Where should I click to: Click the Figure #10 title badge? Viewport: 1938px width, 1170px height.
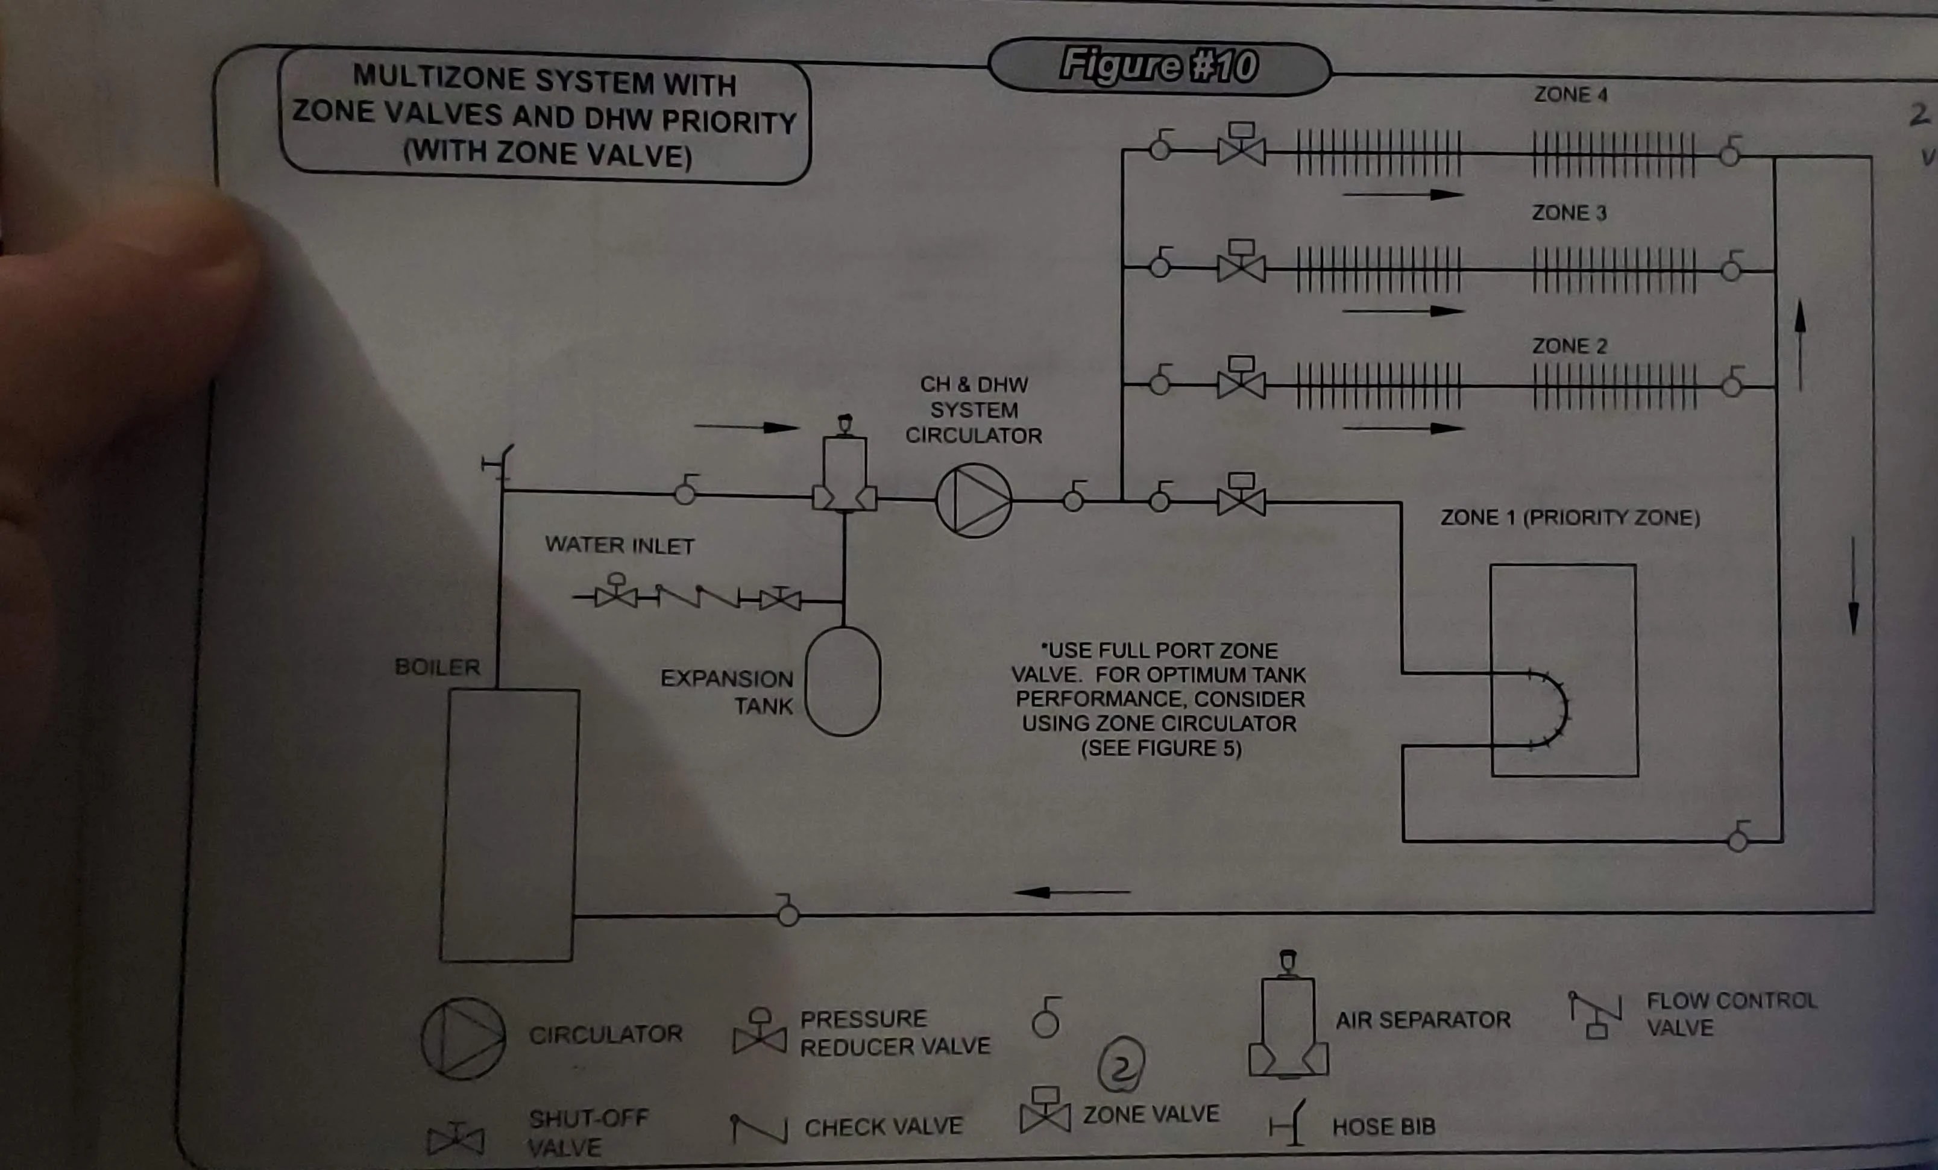point(1159,66)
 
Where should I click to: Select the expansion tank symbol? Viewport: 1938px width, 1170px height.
point(842,681)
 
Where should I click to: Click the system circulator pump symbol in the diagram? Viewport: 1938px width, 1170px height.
point(974,500)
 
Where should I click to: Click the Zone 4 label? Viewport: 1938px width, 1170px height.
point(1570,95)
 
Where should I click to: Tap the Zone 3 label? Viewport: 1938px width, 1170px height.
point(1568,213)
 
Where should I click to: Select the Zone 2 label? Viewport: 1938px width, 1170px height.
point(1569,346)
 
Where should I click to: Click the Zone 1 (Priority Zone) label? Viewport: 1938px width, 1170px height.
point(1570,518)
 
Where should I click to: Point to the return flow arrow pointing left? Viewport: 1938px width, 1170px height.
point(1071,892)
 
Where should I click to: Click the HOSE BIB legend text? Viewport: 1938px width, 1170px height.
point(1383,1127)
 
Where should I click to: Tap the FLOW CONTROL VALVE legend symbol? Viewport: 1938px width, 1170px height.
point(1594,1015)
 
